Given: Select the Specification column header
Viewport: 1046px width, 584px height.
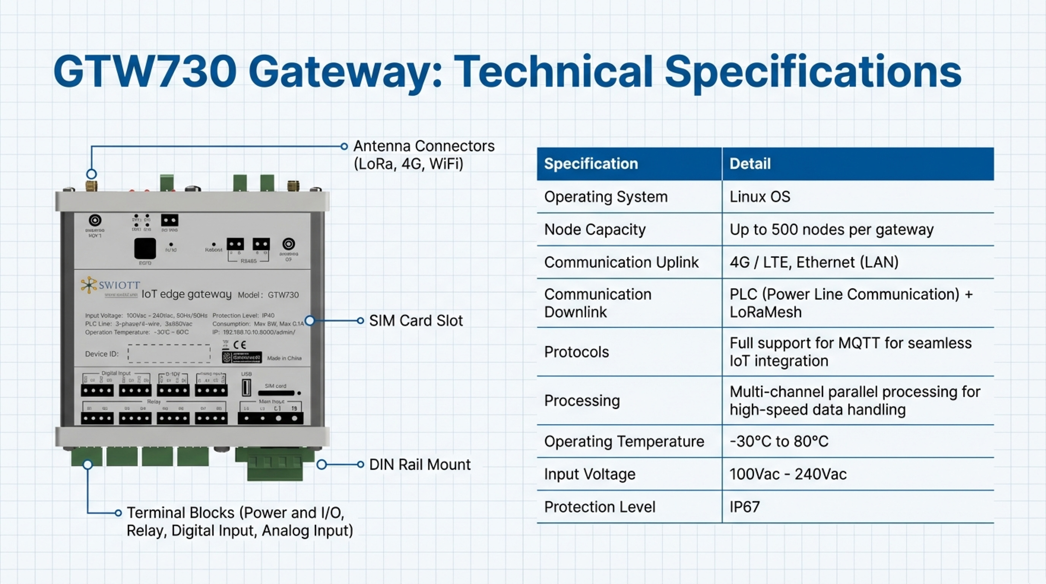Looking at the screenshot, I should [591, 164].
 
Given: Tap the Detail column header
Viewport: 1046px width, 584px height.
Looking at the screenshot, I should [750, 164].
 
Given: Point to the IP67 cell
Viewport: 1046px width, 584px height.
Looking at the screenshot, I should [744, 507].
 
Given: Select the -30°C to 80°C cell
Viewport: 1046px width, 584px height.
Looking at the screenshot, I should [779, 442].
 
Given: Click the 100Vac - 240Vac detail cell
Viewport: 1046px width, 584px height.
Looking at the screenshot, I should [788, 474].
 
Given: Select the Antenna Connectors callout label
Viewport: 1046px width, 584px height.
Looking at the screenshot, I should [423, 155].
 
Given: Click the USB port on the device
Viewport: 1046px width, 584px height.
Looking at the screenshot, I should [246, 388].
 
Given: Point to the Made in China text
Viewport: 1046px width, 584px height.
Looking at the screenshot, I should [284, 358].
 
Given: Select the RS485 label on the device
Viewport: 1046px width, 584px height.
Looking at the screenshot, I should [249, 261].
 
